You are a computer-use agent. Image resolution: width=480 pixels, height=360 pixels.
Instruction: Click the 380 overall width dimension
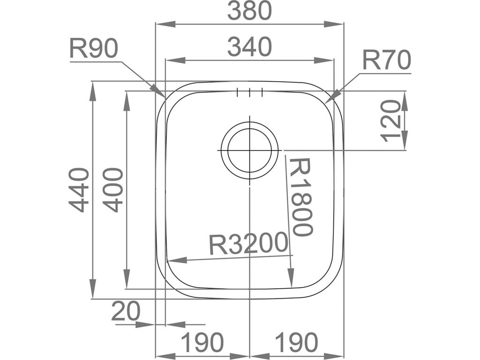pyautogui.click(x=249, y=11)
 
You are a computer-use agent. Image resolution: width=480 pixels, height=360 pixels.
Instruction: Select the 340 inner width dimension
pyautogui.click(x=249, y=47)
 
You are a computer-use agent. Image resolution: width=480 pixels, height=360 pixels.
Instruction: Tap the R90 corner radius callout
pyautogui.click(x=93, y=49)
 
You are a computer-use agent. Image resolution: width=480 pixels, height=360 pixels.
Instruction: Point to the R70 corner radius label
pyautogui.click(x=387, y=61)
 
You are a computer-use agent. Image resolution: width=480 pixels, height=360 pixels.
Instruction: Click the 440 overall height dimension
pyautogui.click(x=79, y=190)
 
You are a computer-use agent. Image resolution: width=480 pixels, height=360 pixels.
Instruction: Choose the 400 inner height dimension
pyautogui.click(x=113, y=190)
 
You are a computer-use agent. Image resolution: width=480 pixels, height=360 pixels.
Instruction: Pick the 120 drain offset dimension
pyautogui.click(x=391, y=120)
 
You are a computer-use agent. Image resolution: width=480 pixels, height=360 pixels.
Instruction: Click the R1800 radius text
pyautogui.click(x=300, y=197)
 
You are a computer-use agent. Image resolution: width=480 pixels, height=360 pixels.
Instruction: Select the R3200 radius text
pyautogui.click(x=248, y=244)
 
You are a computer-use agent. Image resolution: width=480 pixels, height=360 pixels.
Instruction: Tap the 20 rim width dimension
pyautogui.click(x=126, y=311)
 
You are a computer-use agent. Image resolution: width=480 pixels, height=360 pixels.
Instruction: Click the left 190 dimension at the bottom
pyautogui.click(x=202, y=342)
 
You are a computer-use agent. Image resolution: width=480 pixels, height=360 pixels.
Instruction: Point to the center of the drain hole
pyautogui.click(x=249, y=150)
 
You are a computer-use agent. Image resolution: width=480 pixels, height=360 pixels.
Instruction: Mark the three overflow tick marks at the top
pyautogui.click(x=250, y=92)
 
